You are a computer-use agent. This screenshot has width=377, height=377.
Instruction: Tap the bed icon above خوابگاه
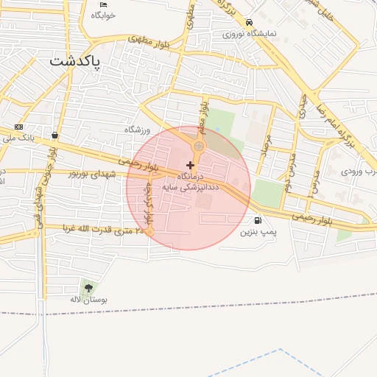point(104,5)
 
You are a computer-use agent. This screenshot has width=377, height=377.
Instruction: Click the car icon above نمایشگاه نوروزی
point(250,23)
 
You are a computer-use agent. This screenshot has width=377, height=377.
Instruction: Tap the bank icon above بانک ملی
point(18,127)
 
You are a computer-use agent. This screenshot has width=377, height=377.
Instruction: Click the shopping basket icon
point(55,135)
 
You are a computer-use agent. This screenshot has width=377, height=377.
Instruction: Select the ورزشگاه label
point(136,129)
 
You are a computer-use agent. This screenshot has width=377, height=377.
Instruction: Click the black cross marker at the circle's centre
point(190,165)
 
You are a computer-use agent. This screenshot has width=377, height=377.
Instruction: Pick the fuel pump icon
point(257,220)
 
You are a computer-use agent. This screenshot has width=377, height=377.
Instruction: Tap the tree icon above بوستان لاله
point(89,288)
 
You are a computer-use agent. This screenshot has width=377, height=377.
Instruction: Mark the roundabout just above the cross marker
point(198,147)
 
